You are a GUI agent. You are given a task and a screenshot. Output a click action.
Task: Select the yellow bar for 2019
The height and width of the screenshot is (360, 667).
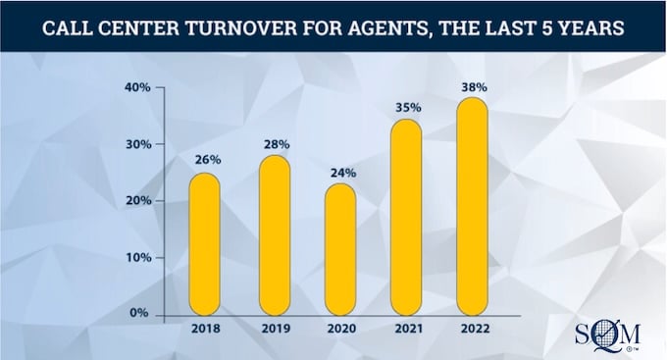(274, 235)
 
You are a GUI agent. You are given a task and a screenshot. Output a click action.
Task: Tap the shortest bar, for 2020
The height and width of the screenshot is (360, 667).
(340, 249)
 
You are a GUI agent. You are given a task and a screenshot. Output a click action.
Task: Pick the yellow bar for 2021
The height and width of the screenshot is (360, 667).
(406, 217)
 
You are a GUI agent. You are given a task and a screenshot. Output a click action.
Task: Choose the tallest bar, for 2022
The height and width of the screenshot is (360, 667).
(472, 206)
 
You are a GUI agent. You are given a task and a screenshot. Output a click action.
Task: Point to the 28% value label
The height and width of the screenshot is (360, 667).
(274, 143)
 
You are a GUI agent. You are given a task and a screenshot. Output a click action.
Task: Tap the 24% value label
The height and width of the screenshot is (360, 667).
(341, 173)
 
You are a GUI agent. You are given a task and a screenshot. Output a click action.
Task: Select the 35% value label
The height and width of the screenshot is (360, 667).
(406, 107)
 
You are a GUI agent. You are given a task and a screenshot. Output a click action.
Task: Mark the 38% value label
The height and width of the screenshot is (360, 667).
(473, 86)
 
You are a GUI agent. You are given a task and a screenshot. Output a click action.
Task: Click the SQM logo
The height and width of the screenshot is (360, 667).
(603, 334)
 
